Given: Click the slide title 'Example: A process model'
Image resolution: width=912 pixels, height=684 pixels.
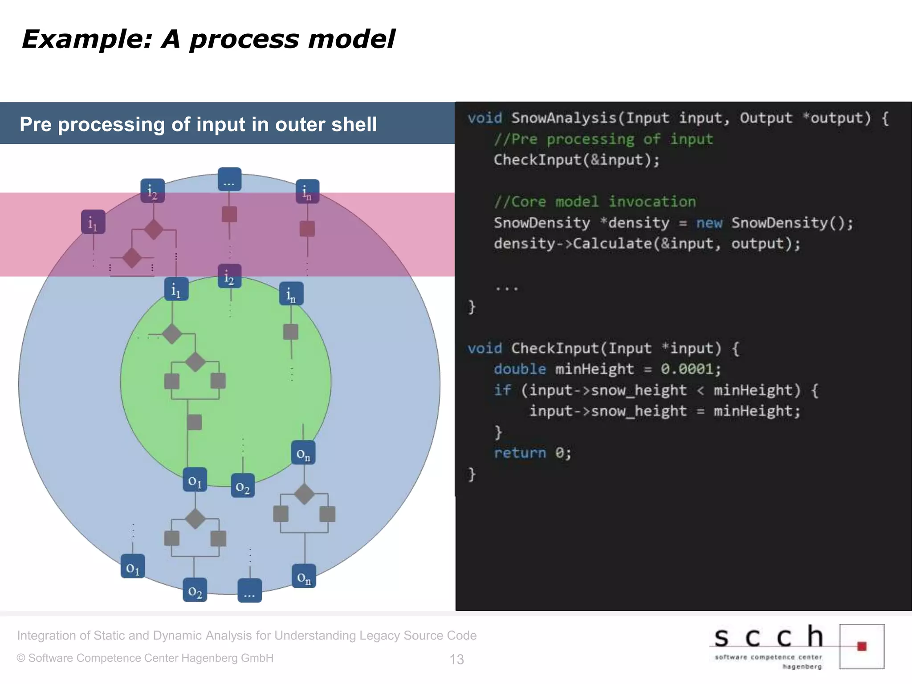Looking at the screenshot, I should click(208, 39).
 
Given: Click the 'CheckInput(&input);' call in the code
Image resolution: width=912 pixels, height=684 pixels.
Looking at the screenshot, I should click(576, 160).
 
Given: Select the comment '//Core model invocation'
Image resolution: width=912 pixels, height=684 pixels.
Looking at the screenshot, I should click(594, 202).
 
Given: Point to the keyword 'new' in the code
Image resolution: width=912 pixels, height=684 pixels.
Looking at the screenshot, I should click(709, 223).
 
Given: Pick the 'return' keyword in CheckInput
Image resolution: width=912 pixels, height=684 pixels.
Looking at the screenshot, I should click(520, 453).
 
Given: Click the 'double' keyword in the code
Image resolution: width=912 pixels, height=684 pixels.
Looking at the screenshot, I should click(520, 369).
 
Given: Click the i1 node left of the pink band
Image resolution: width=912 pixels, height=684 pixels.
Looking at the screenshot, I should click(93, 222).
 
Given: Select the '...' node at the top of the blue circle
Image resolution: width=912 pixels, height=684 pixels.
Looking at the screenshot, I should click(229, 179).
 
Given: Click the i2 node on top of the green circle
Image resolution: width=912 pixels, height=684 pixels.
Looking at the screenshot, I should click(229, 277).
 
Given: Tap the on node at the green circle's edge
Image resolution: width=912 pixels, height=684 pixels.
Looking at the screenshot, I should click(303, 453).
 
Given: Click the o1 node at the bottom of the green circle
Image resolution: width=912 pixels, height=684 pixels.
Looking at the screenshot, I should click(195, 480).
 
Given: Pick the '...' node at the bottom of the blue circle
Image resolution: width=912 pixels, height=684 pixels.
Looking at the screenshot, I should click(249, 590).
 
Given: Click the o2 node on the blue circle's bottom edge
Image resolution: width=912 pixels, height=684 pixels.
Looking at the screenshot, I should click(195, 590).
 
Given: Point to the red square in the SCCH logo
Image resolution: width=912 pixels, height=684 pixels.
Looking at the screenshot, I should click(862, 646).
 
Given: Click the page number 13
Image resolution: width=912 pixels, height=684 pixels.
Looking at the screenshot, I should click(456, 659).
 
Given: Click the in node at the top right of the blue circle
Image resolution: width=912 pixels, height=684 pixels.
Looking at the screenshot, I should click(307, 191).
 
